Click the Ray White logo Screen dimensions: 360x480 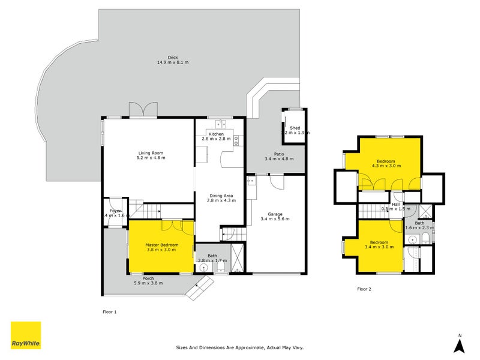[26, 335]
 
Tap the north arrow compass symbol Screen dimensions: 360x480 [459, 344]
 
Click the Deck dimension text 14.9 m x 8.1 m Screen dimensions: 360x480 [173, 62]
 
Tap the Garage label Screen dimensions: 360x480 [275, 214]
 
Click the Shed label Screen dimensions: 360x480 [295, 128]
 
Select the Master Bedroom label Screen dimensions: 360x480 [160, 245]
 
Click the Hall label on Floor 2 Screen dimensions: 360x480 [395, 205]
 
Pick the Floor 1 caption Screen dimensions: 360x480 [110, 312]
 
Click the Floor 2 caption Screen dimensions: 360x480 [364, 289]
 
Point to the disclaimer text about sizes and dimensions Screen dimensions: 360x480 [240, 347]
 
